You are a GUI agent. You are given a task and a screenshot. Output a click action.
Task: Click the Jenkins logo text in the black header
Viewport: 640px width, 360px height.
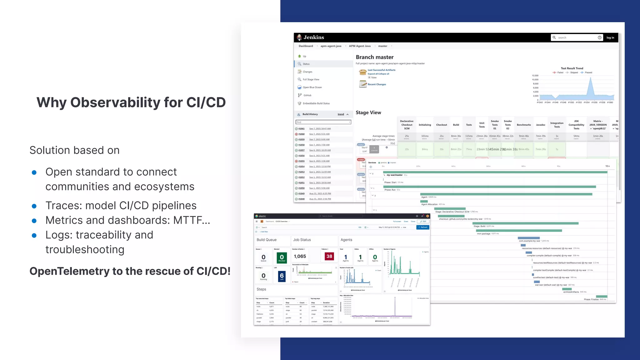pos(314,37)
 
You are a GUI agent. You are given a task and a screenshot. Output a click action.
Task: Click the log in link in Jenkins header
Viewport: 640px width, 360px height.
pos(610,37)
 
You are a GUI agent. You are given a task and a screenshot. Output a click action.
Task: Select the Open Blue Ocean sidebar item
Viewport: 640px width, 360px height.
pos(312,87)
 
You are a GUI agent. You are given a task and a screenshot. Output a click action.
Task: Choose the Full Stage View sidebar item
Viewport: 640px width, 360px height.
pos(311,79)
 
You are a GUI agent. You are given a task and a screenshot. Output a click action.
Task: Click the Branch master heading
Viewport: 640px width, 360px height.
pos(374,57)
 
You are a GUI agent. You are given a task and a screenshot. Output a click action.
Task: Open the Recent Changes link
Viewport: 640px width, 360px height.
pos(377,84)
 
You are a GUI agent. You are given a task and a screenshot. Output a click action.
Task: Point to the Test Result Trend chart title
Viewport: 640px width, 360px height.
pos(572,68)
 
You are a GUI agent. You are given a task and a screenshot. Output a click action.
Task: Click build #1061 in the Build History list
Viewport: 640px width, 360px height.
pos(301,128)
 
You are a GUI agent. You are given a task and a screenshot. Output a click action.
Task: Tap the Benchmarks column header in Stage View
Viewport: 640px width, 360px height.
pos(524,125)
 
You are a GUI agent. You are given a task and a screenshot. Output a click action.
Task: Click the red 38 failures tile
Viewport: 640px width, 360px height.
pos(329,256)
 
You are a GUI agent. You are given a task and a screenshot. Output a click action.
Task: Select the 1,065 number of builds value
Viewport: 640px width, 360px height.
pos(300,256)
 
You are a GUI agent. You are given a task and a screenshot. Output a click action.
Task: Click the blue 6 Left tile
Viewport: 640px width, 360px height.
pos(282,276)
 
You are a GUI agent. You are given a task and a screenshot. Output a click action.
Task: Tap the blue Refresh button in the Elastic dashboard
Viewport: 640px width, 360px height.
pos(423,227)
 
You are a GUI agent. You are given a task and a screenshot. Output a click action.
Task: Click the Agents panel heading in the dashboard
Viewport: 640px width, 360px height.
pos(346,240)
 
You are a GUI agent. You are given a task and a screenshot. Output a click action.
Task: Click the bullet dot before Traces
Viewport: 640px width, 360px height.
pos(34,206)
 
